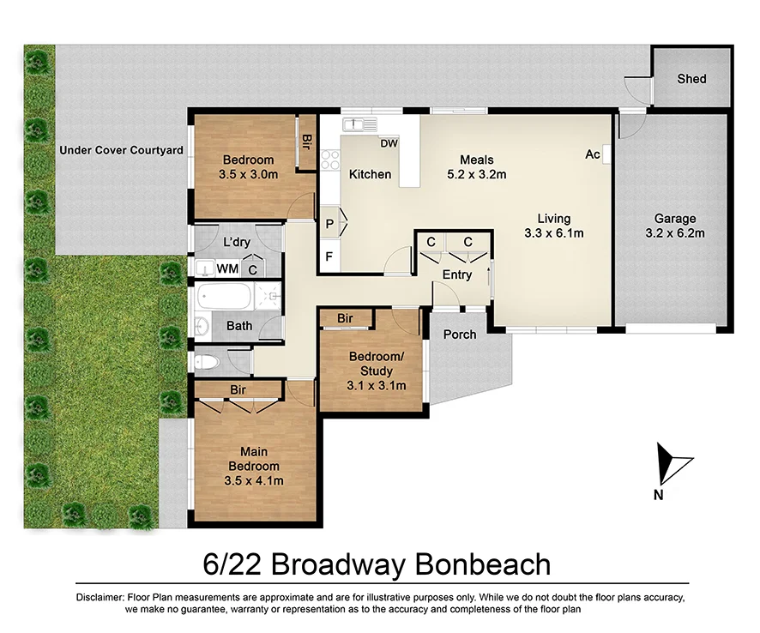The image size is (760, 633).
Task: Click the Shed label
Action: tap(691, 79)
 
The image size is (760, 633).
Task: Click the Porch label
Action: tap(460, 334)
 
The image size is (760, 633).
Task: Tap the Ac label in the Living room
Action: tap(592, 154)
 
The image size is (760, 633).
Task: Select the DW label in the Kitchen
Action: tap(389, 143)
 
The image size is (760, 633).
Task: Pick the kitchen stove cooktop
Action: tap(329, 158)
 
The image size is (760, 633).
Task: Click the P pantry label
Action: tap(329, 223)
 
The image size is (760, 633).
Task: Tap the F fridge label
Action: tap(328, 256)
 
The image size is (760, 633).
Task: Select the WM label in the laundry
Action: tap(227, 268)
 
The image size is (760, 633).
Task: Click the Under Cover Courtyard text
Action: tap(121, 150)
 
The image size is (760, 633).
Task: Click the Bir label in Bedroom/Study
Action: tap(345, 318)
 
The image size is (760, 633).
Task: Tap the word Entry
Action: tap(456, 274)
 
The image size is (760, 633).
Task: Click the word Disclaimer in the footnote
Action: tap(100, 597)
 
